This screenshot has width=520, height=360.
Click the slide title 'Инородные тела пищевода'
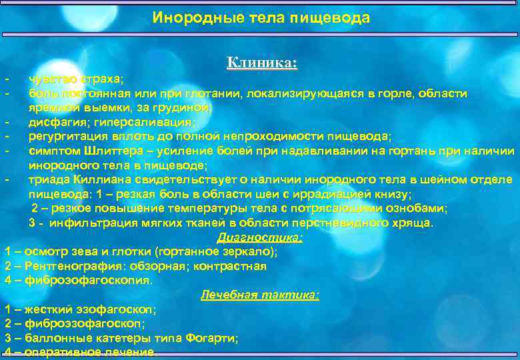pyautogui.click(x=261, y=17)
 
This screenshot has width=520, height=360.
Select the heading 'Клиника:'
pyautogui.click(x=262, y=63)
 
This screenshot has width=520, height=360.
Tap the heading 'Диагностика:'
pyautogui.click(x=260, y=237)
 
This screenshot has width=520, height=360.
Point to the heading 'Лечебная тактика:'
pyautogui.click(x=260, y=295)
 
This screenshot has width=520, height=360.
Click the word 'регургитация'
pyautogui.click(x=65, y=137)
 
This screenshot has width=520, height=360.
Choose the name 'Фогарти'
pyautogui.click(x=212, y=338)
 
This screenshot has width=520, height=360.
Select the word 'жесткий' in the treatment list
pyautogui.click(x=45, y=309)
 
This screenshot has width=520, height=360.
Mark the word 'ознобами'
pyautogui.click(x=421, y=208)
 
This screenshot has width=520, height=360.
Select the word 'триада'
pyautogui.click(x=47, y=179)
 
